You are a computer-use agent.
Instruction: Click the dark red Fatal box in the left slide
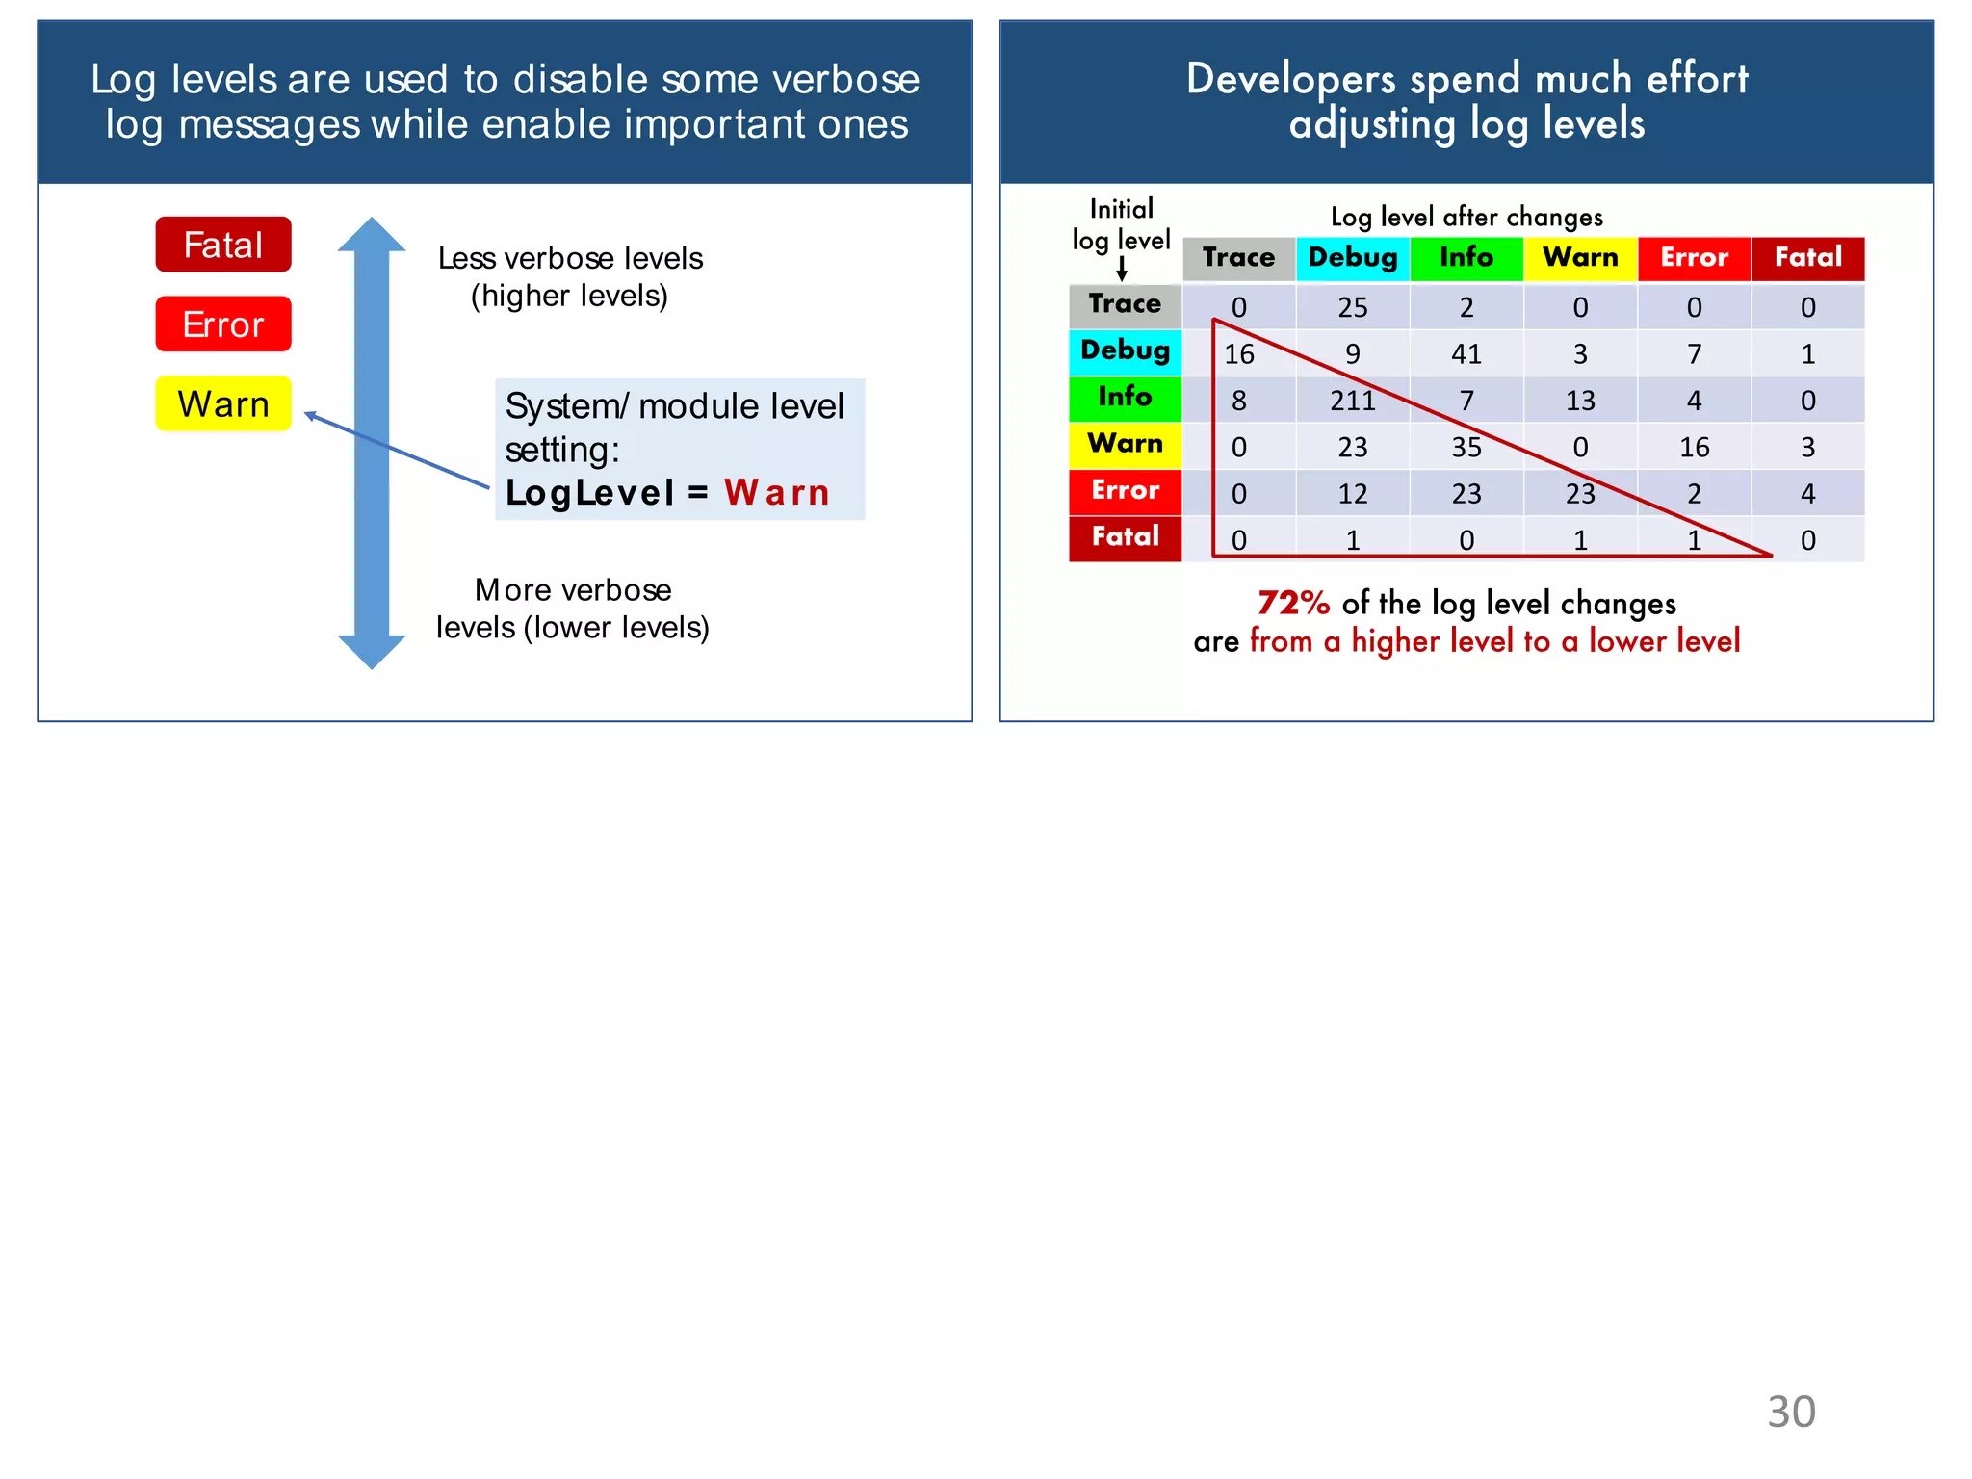pos(222,245)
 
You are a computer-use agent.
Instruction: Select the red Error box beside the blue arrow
pos(222,324)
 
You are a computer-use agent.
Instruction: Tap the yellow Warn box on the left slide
pos(222,403)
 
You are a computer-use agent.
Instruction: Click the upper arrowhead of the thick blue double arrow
pos(372,236)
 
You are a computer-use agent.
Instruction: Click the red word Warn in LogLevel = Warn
pos(776,493)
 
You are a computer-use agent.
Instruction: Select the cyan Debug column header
pos(1352,258)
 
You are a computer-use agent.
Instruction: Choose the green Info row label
pos(1125,398)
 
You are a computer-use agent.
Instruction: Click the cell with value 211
pos(1352,401)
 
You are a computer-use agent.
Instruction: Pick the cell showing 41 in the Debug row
pos(1466,354)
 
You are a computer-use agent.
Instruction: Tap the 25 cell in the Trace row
pos(1352,308)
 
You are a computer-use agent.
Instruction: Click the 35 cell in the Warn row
pos(1466,448)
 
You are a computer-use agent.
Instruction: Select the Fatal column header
pos(1807,258)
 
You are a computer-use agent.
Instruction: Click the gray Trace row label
pos(1125,304)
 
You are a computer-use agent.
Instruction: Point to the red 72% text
pos(1293,604)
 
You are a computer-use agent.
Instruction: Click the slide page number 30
pos(1791,1412)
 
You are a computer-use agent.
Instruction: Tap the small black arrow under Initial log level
pos(1122,270)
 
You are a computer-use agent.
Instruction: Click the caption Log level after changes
pos(1466,217)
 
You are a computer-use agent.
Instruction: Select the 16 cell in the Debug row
pos(1238,354)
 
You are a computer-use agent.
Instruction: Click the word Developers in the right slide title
pos(1290,79)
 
